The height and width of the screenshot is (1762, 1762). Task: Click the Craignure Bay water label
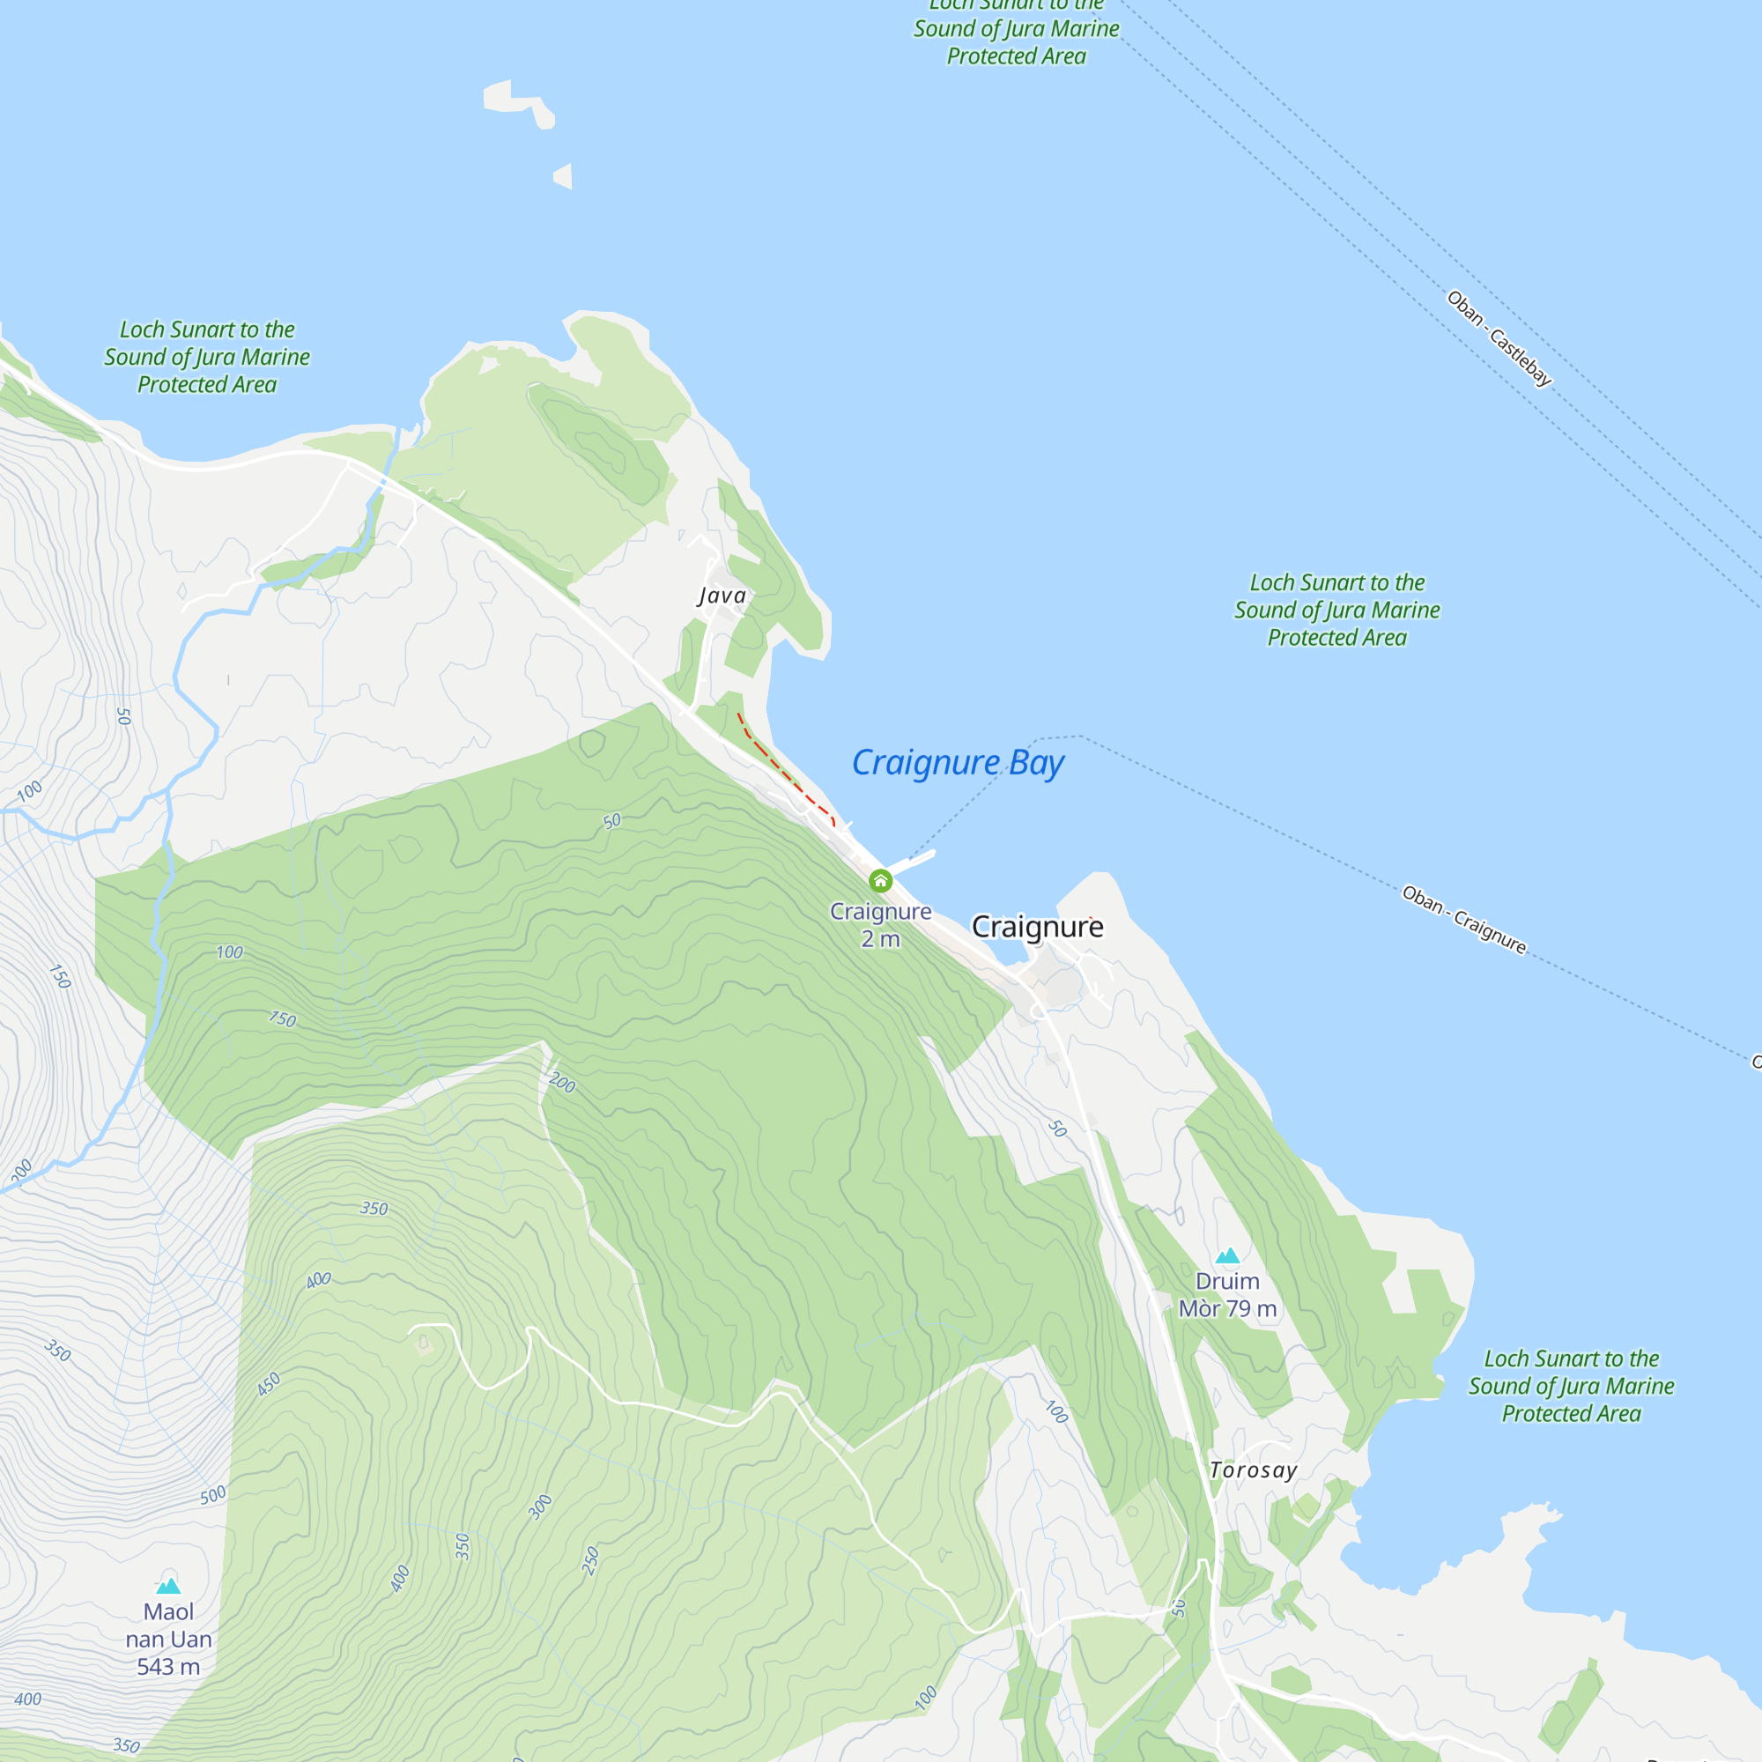coord(958,762)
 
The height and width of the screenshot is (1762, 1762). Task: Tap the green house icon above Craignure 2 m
coord(880,881)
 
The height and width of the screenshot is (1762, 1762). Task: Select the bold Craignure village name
coord(1037,927)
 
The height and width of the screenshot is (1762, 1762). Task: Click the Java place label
coord(722,596)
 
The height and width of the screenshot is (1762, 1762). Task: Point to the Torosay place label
coord(1253,1470)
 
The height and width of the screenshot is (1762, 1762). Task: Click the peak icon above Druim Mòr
coord(1227,1255)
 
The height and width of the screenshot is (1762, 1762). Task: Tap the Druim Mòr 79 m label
coord(1227,1294)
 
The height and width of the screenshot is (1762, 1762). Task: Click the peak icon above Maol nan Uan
coord(169,1586)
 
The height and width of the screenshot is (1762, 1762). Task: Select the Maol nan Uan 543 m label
coord(169,1639)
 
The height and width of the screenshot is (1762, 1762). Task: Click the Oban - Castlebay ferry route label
coord(1499,338)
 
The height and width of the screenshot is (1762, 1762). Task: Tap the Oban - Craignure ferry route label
coord(1463,919)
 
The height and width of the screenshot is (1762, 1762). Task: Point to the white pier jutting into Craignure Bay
coord(915,860)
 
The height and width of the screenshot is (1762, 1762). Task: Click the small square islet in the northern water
coord(565,176)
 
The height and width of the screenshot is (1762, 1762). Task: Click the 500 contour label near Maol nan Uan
coord(212,1495)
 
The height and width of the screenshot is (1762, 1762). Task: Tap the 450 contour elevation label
coord(268,1384)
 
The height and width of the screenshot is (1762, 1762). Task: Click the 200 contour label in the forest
coord(563,1083)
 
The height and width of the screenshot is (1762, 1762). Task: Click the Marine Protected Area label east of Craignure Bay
coord(1337,611)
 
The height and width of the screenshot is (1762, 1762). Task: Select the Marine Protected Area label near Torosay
coord(1571,1385)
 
